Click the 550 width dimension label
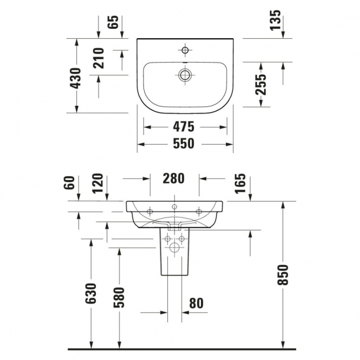183,143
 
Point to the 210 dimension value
99,58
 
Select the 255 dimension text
261,85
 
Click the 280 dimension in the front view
173,178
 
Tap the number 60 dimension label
69,183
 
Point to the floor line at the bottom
180,349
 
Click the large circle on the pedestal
173,248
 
